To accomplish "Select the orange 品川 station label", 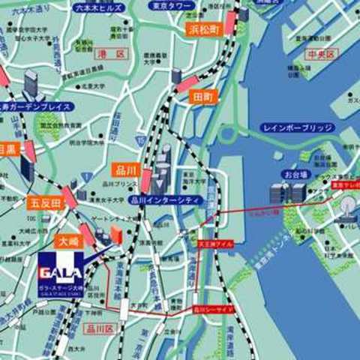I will [124, 169].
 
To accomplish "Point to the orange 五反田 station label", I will [45, 202].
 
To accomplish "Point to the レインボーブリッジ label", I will [298, 128].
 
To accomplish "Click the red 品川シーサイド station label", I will [213, 307].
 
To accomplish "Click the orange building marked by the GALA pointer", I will [115, 233].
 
